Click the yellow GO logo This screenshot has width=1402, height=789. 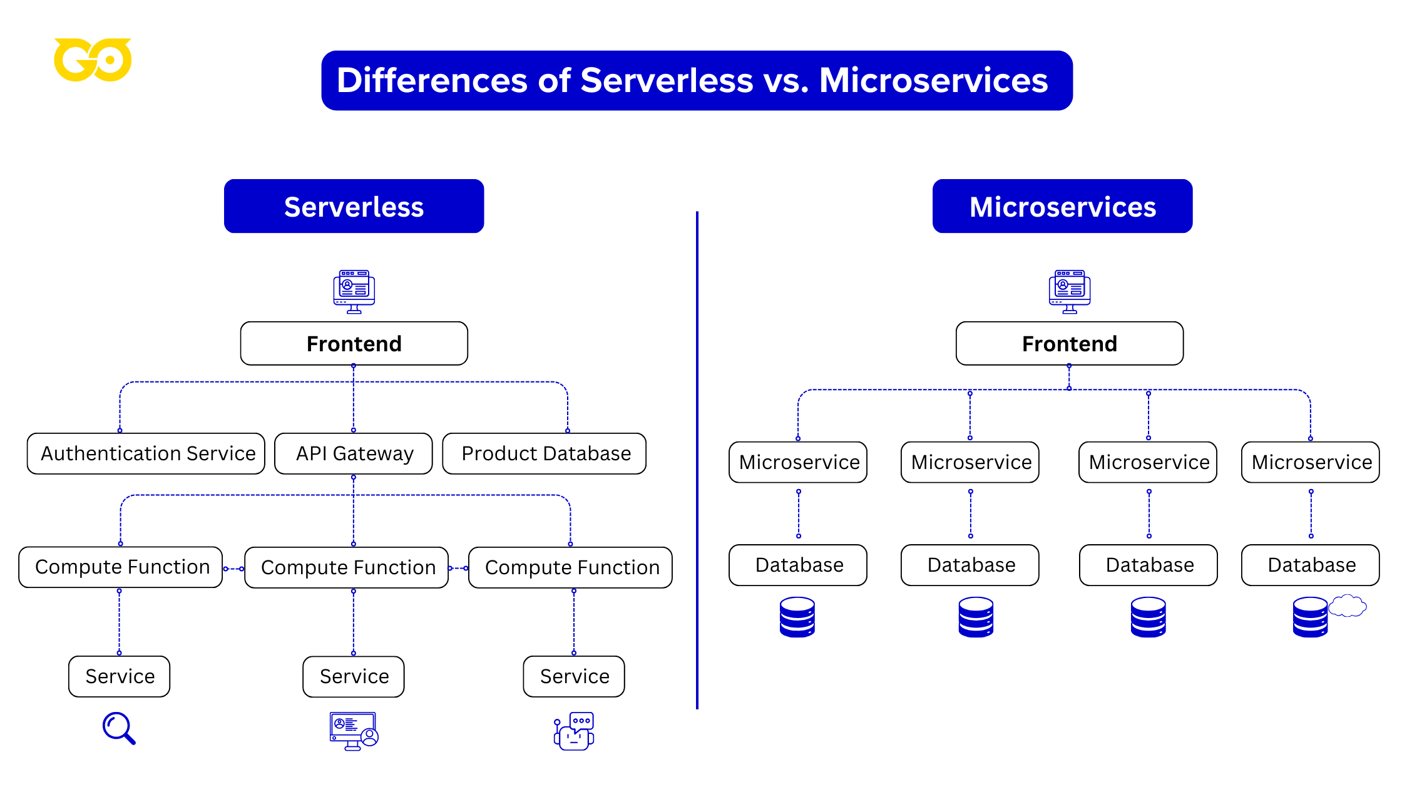[x=93, y=60]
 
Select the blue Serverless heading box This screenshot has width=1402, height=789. [x=354, y=207]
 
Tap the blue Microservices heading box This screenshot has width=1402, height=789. [x=1062, y=207]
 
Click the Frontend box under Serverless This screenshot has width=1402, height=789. [x=354, y=344]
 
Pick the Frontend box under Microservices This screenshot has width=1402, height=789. [x=1069, y=344]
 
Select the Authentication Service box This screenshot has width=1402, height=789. [x=146, y=453]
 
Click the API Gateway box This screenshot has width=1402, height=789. [x=354, y=453]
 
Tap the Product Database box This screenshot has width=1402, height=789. [x=545, y=453]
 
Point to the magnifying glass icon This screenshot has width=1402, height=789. [x=118, y=728]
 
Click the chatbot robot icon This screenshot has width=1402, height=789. [x=574, y=731]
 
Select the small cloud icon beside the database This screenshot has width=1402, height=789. [x=1347, y=606]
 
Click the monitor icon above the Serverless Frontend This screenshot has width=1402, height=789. [x=354, y=291]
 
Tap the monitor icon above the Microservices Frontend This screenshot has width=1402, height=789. [x=1069, y=291]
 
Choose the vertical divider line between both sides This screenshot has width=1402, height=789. [x=697, y=460]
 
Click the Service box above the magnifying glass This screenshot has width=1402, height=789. [x=119, y=676]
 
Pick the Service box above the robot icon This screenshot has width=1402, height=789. [x=574, y=676]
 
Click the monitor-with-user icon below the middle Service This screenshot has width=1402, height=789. [x=354, y=731]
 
